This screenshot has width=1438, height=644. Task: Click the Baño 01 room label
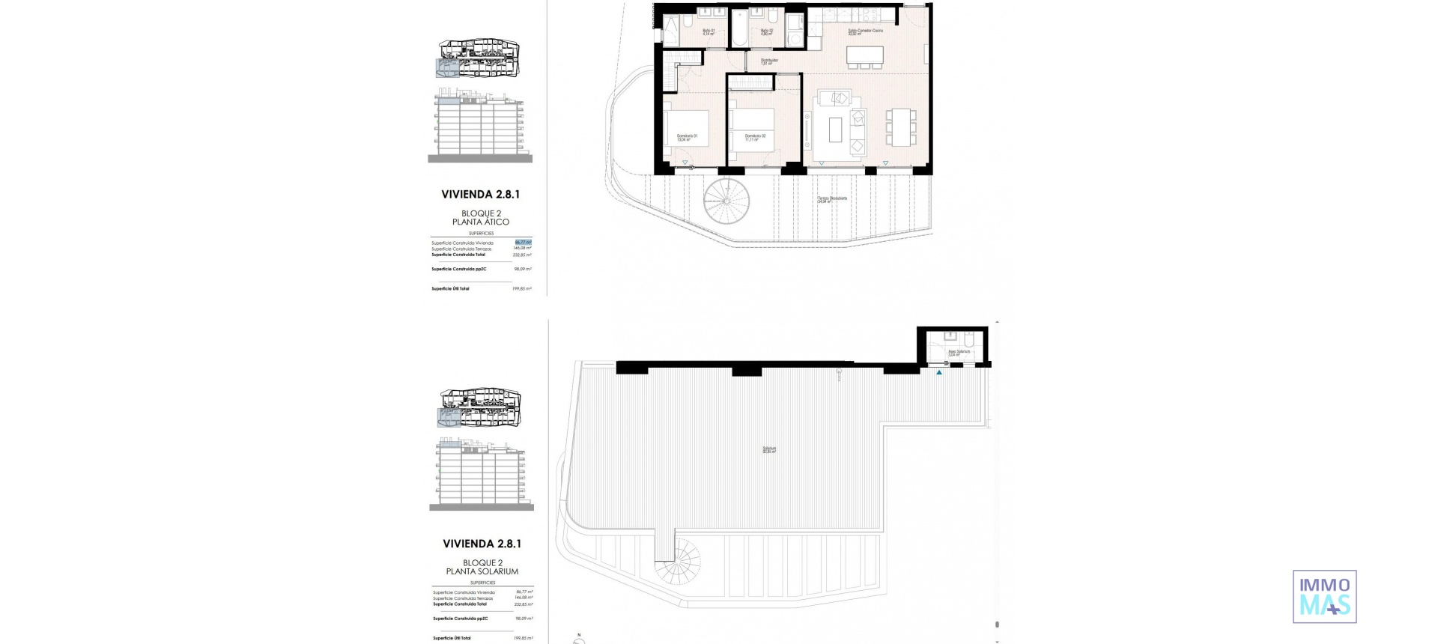[x=709, y=32]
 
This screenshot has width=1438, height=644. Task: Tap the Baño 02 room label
[x=765, y=32]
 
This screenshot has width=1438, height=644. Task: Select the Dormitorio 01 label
[x=687, y=137]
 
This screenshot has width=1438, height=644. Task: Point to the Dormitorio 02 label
[x=754, y=137]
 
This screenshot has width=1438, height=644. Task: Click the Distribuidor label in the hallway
[x=769, y=61]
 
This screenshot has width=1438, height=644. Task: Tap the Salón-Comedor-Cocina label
[x=865, y=31]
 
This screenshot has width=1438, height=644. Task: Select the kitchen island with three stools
[x=864, y=55]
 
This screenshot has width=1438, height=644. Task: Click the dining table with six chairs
[x=900, y=127]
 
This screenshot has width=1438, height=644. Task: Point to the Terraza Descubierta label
[x=831, y=200]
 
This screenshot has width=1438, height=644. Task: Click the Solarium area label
[x=769, y=450]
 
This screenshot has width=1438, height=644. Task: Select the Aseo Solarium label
[x=959, y=352]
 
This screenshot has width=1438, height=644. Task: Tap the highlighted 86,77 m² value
[x=523, y=242]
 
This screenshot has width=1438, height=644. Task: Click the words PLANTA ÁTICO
[x=481, y=222]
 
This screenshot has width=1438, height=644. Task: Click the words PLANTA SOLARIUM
[x=482, y=571]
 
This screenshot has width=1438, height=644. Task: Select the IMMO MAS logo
[x=1324, y=596]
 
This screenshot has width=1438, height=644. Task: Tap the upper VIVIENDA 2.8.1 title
[x=480, y=194]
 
